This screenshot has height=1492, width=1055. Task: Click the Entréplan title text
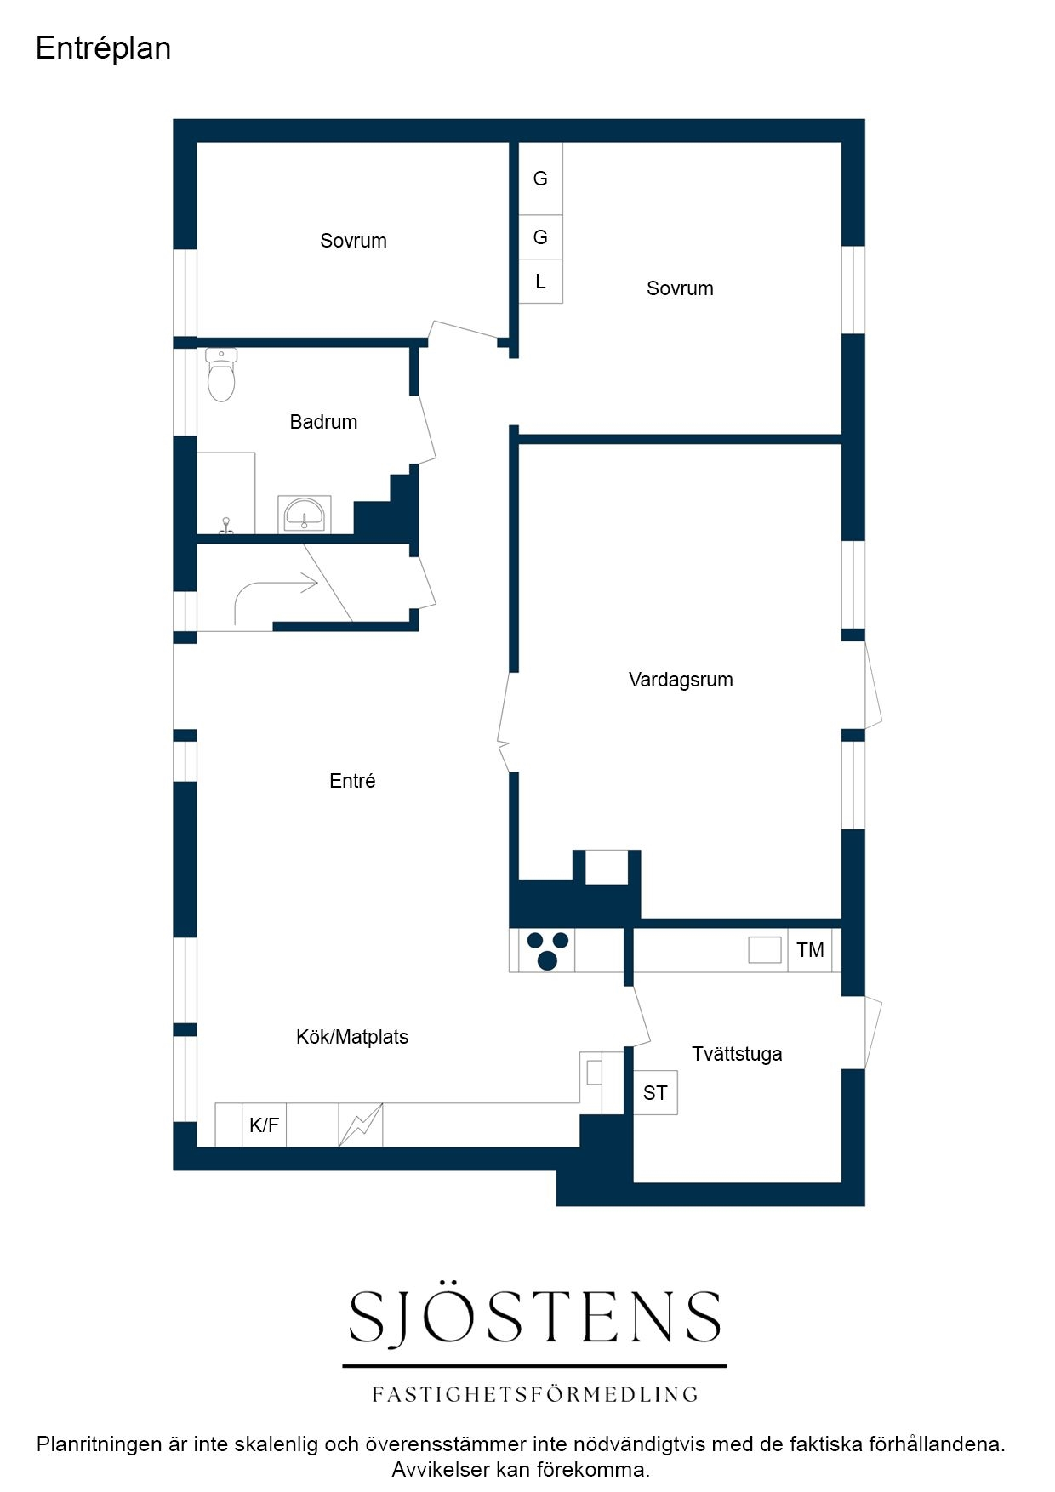103,48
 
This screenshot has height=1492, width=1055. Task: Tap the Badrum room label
323,422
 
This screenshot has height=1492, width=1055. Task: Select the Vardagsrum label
681,680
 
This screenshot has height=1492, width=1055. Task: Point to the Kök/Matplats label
352,1037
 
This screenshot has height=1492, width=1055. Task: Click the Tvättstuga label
737,1054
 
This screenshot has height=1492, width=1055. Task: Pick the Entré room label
352,781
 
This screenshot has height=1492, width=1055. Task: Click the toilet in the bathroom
221,374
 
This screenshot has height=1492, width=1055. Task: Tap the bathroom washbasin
304,515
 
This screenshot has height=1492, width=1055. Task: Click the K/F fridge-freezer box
264,1125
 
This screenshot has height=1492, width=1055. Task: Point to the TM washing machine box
810,950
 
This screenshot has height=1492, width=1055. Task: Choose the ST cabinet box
655,1093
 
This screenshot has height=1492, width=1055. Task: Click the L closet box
540,282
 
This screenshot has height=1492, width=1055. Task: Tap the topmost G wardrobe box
540,179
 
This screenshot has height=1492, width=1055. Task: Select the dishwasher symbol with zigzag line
361,1125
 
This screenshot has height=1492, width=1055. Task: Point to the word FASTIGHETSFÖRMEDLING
535,1394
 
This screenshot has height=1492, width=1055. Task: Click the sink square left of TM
765,950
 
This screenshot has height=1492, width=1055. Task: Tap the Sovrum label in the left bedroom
353,241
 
